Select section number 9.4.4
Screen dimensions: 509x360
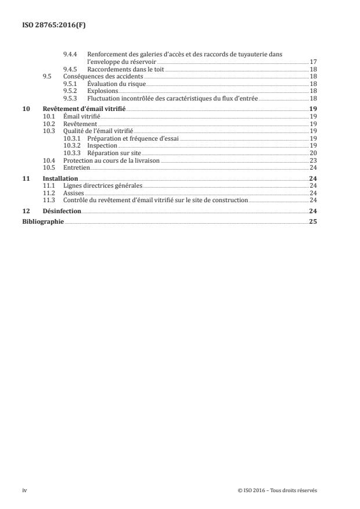click(x=70, y=54)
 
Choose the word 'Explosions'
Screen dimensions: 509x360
click(x=102, y=91)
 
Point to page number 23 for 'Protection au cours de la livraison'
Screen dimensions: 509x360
click(x=312, y=160)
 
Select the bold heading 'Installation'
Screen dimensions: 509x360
click(x=60, y=178)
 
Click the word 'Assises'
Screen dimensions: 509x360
click(x=73, y=193)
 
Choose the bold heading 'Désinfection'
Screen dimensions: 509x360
click(x=62, y=211)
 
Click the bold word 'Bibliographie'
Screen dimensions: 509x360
click(x=42, y=221)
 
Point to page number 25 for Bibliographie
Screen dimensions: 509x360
click(x=312, y=221)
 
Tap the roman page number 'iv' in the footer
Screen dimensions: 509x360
click(x=24, y=490)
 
